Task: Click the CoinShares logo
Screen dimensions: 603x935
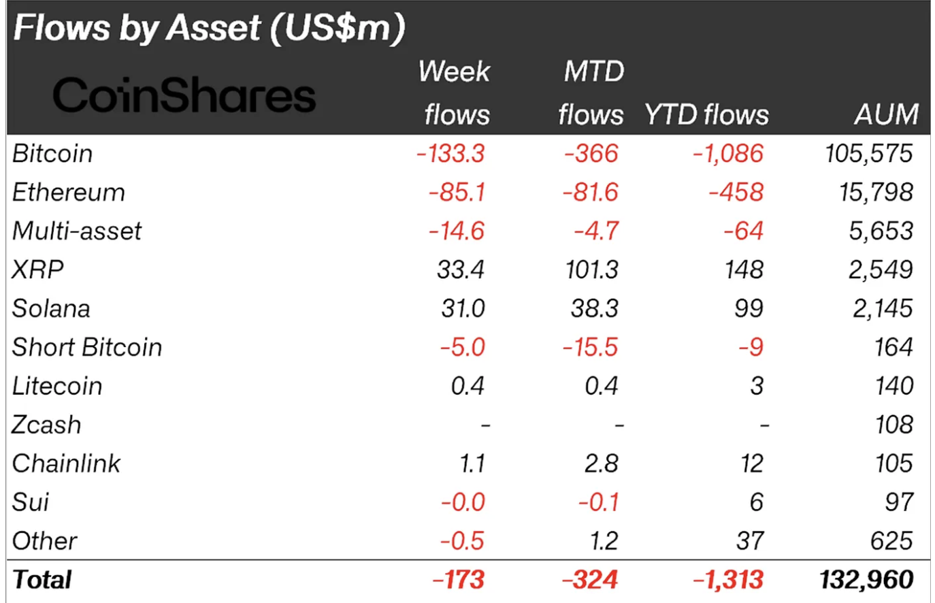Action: (184, 95)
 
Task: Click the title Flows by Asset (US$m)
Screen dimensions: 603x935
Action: (209, 29)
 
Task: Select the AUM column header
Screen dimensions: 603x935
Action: (886, 114)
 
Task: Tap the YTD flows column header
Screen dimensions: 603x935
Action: (706, 114)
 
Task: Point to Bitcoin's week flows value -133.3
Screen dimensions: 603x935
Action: (450, 154)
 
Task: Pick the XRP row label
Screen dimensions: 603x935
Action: (38, 270)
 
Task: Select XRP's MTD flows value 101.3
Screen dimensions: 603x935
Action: (591, 270)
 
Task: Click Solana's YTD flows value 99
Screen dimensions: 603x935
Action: (749, 309)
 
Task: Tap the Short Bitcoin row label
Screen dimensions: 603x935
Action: (87, 348)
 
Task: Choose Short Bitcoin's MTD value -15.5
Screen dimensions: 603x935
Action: (590, 348)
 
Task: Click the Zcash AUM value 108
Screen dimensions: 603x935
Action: (893, 425)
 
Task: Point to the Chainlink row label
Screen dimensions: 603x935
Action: (66, 464)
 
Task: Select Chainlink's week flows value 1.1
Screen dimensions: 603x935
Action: (472, 464)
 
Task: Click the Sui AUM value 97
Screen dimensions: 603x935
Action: (899, 503)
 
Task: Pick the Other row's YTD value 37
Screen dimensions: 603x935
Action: (750, 542)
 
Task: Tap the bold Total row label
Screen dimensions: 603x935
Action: (42, 581)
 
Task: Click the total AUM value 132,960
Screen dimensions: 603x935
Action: (866, 581)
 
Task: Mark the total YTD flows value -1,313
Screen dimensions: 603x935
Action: (728, 581)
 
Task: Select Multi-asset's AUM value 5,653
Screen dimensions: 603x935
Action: (881, 231)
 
